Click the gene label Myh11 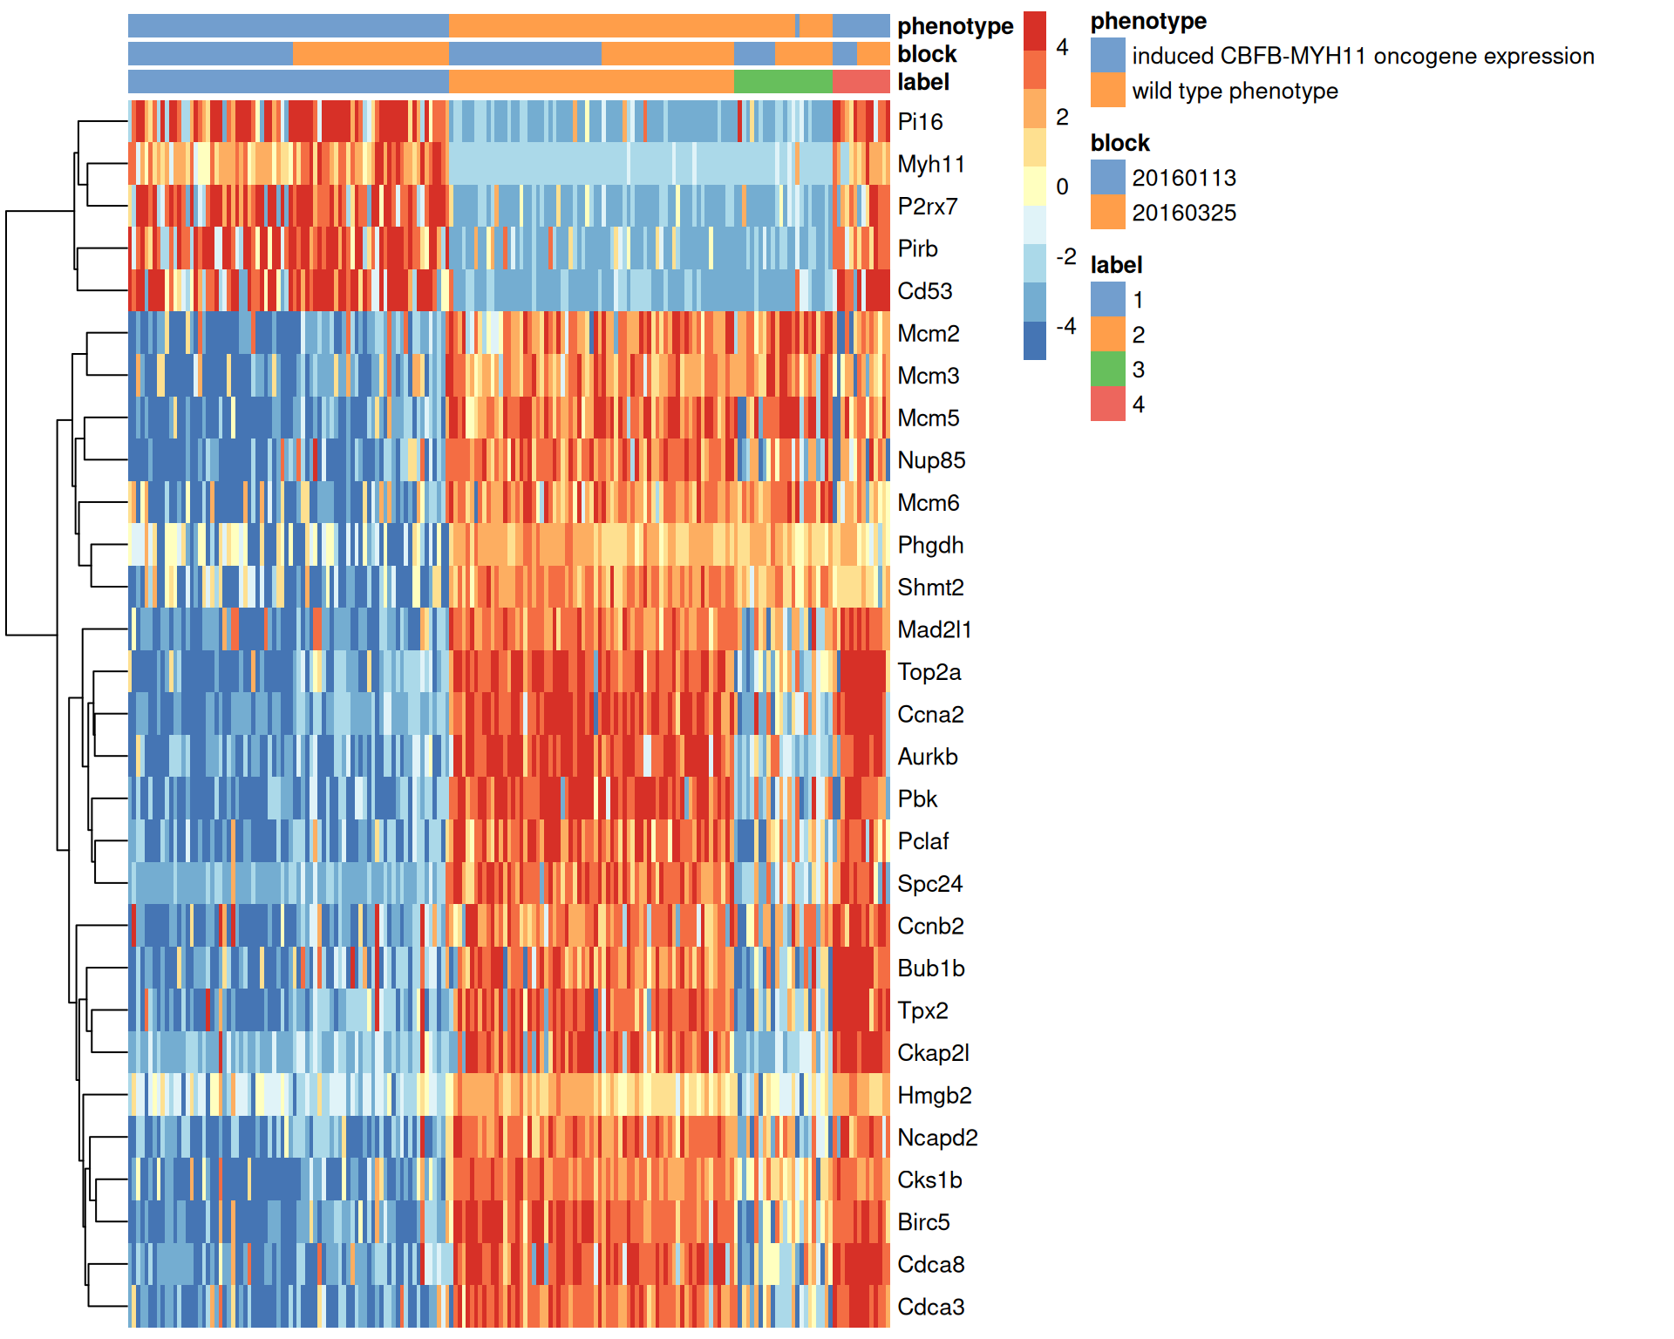930,164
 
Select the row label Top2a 929,672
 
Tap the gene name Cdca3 930,1307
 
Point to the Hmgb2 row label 934,1095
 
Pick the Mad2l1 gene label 934,629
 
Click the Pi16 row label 920,122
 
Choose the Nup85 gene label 931,460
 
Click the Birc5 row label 923,1222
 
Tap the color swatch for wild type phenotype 1107,91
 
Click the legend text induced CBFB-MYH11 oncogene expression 1362,56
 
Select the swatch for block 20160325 1107,213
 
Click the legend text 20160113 1183,178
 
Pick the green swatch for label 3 1107,370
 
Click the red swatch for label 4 1107,404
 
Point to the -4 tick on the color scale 1065,326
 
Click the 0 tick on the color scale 1062,187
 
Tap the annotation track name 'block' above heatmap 927,54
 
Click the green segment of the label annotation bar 782,82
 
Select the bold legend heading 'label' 1116,265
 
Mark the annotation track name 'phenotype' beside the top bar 955,26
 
